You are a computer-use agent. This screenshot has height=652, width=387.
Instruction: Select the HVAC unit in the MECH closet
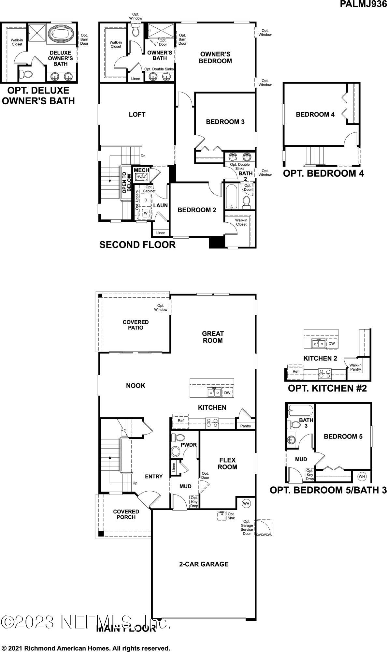click(x=141, y=177)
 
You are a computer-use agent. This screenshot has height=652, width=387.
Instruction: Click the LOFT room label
click(x=137, y=114)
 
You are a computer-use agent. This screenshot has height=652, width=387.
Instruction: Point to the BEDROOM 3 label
click(x=225, y=122)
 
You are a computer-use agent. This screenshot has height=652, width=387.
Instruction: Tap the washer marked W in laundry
click(x=146, y=213)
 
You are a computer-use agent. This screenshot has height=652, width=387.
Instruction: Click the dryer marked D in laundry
click(x=146, y=200)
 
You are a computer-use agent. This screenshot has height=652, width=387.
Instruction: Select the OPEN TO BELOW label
click(x=126, y=183)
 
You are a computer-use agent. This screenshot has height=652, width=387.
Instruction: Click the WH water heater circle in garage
click(x=246, y=504)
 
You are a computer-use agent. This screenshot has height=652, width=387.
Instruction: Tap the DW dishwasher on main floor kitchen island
click(x=227, y=393)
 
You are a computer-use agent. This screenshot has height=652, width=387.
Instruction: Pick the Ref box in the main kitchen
click(x=180, y=421)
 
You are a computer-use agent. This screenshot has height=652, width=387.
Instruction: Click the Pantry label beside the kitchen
click(x=245, y=426)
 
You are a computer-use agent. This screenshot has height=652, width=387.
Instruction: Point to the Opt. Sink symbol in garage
click(x=222, y=515)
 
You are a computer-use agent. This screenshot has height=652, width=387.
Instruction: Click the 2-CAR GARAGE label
click(x=204, y=564)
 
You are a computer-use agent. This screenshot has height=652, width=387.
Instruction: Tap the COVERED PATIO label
click(x=136, y=325)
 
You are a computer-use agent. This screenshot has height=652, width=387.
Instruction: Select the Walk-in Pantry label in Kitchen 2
click(x=355, y=367)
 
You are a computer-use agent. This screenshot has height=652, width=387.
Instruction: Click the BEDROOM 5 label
click(x=343, y=437)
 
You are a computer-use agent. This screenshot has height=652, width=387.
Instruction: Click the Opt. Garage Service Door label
click(x=247, y=527)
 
